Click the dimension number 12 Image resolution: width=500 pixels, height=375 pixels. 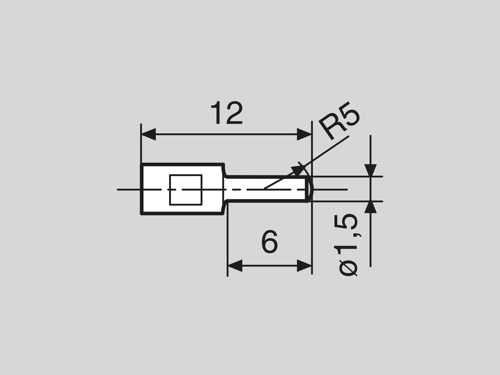pos(226,113)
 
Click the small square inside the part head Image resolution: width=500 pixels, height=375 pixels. pos(186,190)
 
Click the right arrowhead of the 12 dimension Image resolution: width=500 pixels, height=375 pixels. pos(304,134)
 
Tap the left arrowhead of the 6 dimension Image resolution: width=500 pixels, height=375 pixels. pos(235,266)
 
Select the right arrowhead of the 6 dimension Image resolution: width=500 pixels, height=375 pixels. pos(304,266)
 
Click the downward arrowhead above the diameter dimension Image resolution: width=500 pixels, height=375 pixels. pos(370,170)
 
